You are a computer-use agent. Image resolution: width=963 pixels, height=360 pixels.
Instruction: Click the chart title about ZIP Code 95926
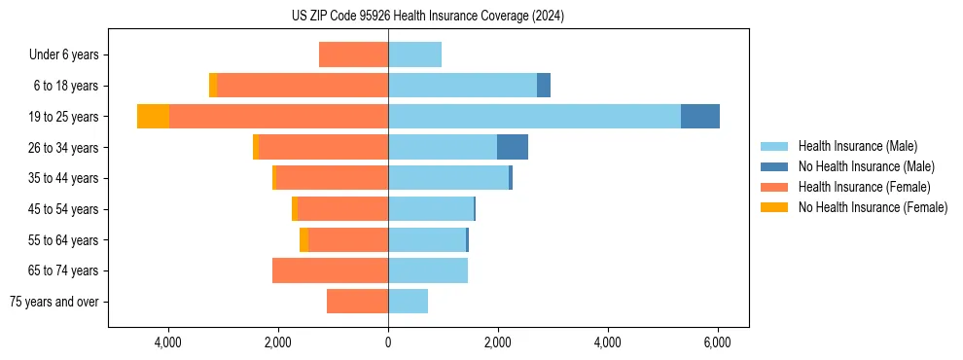tap(427, 17)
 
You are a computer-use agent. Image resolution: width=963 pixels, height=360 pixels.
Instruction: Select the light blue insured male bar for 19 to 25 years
tap(534, 116)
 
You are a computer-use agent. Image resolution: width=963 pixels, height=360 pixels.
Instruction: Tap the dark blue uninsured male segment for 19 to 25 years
tap(700, 116)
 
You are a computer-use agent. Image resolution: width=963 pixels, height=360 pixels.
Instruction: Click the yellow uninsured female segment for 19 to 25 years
tap(153, 116)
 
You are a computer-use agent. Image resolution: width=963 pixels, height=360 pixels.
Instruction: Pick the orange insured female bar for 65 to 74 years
tap(330, 270)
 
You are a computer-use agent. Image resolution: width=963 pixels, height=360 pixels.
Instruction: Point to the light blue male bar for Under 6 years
tap(414, 54)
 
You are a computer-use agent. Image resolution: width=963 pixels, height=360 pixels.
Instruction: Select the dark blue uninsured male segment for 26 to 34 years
tap(513, 147)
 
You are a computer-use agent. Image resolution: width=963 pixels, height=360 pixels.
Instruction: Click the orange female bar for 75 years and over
tap(357, 302)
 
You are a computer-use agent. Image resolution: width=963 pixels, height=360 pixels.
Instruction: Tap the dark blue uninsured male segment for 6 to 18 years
tap(544, 86)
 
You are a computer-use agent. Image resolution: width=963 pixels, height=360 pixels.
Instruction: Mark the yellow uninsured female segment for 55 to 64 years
tap(303, 239)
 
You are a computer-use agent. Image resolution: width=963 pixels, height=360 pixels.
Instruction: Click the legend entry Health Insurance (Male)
tap(857, 146)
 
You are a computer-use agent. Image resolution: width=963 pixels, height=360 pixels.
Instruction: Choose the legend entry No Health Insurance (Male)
tap(866, 166)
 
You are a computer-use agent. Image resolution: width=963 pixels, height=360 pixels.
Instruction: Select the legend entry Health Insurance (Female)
tap(864, 187)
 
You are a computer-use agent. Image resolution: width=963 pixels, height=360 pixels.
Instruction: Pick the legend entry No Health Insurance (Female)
tap(873, 207)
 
